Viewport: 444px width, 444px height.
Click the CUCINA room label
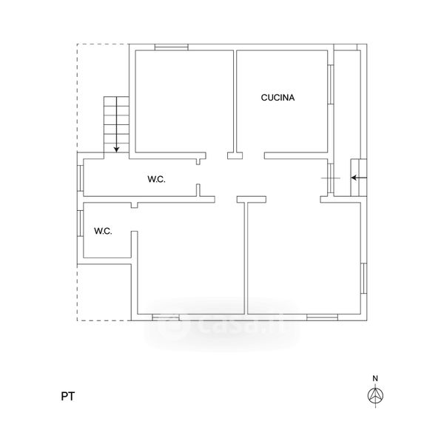tap(277, 98)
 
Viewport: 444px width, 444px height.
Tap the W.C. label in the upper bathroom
tap(156, 179)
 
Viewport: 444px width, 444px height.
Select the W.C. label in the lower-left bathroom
tap(103, 231)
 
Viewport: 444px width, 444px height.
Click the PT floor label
tap(68, 397)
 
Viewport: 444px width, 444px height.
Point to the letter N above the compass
tap(375, 378)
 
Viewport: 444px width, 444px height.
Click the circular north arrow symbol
tap(375, 395)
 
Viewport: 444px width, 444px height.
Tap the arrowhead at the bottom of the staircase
tap(116, 149)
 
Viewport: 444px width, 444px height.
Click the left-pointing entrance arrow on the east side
tap(359, 178)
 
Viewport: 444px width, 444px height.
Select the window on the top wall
tap(172, 47)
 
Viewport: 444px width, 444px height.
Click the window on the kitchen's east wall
tap(331, 84)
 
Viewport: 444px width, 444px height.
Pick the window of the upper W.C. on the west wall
tap(81, 178)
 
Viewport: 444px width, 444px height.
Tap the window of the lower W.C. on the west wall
tap(81, 223)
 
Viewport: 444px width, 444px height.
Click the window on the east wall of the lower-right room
tap(364, 278)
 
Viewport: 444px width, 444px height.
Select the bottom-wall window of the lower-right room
tap(322, 317)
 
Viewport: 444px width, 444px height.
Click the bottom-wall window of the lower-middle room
tap(166, 317)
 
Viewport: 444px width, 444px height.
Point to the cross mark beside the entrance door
tap(331, 178)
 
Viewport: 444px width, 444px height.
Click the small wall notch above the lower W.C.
tap(135, 205)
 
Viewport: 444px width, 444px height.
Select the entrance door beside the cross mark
tap(331, 178)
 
